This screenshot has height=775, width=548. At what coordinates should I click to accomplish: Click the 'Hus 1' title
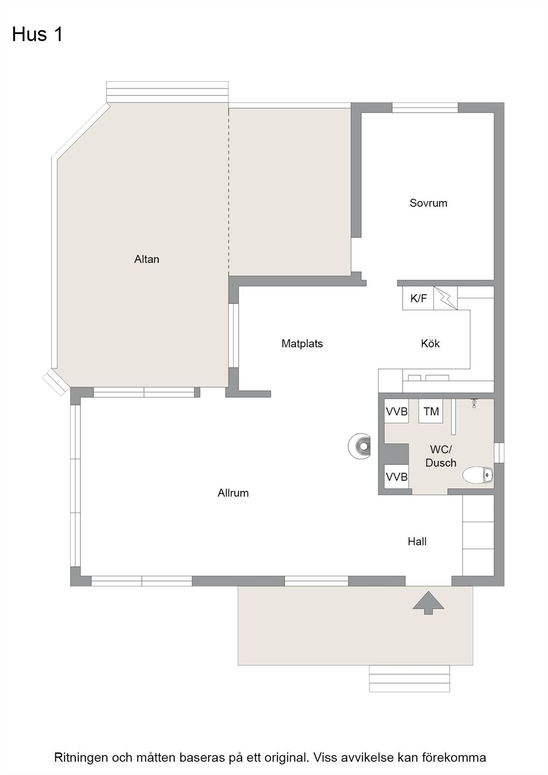point(37,35)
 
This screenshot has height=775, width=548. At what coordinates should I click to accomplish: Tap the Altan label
point(147,259)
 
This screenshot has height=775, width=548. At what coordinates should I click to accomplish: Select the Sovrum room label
point(428,203)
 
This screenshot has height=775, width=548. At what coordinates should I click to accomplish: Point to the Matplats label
point(302,344)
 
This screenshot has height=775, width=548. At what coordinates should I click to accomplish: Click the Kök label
point(430,344)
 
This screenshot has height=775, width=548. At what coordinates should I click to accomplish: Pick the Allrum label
point(233,493)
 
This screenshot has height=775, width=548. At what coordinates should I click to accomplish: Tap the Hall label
point(417,542)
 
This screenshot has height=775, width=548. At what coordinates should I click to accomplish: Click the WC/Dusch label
point(441,456)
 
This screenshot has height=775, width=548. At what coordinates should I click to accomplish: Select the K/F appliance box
point(418,298)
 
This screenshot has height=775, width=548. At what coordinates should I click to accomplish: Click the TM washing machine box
point(431,411)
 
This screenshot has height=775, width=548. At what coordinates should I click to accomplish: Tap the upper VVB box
point(397,411)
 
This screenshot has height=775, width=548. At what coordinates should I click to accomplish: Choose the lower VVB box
point(397,477)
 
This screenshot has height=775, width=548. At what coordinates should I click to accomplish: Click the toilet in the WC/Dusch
point(478,475)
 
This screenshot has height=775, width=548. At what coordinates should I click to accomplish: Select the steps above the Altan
point(167,92)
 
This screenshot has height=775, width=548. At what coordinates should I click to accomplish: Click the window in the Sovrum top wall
point(425,107)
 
